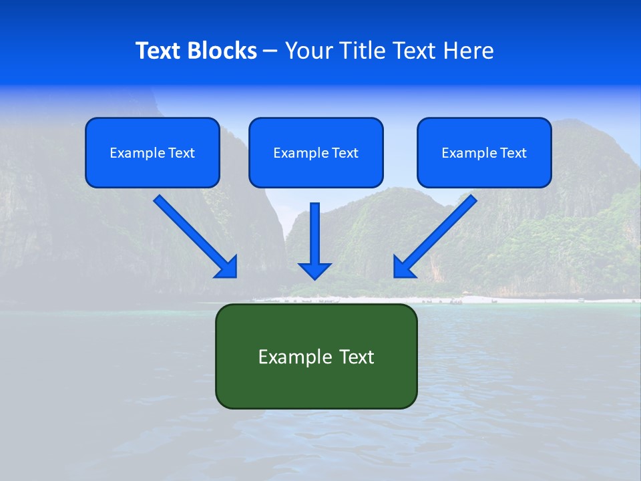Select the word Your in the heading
pyautogui.click(x=308, y=51)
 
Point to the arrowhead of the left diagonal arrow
pyautogui.click(x=228, y=267)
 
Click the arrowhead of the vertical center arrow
pyautogui.click(x=314, y=271)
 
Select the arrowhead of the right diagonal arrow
pyautogui.click(x=403, y=267)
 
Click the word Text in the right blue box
pyautogui.click(x=513, y=153)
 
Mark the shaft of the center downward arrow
pyautogui.click(x=314, y=230)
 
